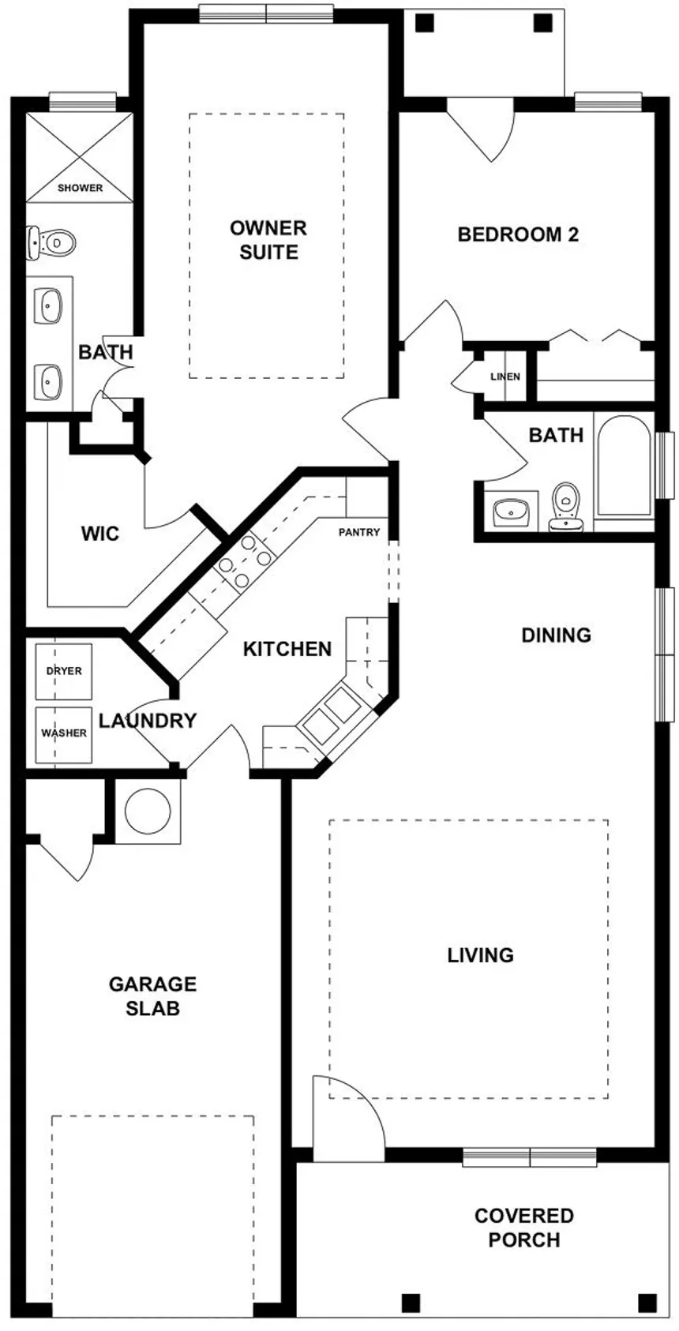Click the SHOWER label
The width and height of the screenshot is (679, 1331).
[80, 188]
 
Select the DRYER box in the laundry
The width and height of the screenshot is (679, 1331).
[64, 671]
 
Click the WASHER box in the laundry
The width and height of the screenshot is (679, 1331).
[64, 733]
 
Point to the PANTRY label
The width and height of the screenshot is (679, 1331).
[359, 532]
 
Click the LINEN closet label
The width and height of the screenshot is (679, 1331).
[505, 377]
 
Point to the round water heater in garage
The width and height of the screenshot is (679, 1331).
[148, 811]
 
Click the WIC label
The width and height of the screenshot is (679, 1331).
[100, 534]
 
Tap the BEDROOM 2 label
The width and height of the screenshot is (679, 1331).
[518, 234]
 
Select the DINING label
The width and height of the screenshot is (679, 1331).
[556, 635]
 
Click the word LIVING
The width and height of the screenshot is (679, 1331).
[480, 955]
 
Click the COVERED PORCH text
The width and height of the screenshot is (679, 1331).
[523, 1228]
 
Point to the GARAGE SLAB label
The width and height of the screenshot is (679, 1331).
[152, 995]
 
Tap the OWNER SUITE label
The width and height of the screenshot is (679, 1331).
[268, 240]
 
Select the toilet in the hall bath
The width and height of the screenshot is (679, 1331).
[565, 505]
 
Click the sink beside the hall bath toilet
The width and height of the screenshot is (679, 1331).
[512, 512]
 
